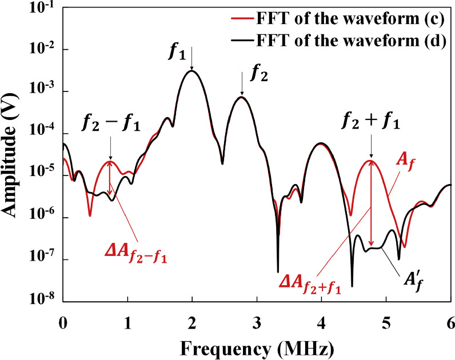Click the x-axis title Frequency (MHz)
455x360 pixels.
[x=256, y=346]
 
